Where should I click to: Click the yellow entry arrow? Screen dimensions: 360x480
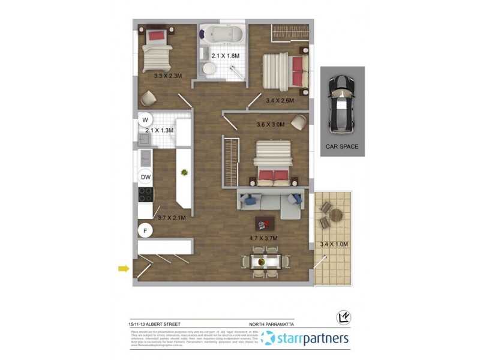pos(124,268)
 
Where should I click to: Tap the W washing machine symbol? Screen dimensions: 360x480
pos(145,119)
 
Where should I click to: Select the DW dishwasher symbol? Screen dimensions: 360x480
pos(145,177)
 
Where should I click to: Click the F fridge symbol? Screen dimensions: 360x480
pos(145,230)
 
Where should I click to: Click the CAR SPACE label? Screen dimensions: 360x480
pos(342,146)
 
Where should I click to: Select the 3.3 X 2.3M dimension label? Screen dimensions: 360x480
pos(167,76)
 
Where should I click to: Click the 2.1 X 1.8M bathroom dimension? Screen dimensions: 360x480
pos(225,56)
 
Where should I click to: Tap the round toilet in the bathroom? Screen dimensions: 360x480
pos(209,69)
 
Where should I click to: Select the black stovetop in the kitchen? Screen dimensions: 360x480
pos(146,194)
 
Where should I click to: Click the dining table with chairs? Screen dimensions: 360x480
pos(264,262)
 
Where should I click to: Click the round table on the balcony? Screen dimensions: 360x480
pos(335,214)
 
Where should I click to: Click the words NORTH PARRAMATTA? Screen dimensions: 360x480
pos(271,324)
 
